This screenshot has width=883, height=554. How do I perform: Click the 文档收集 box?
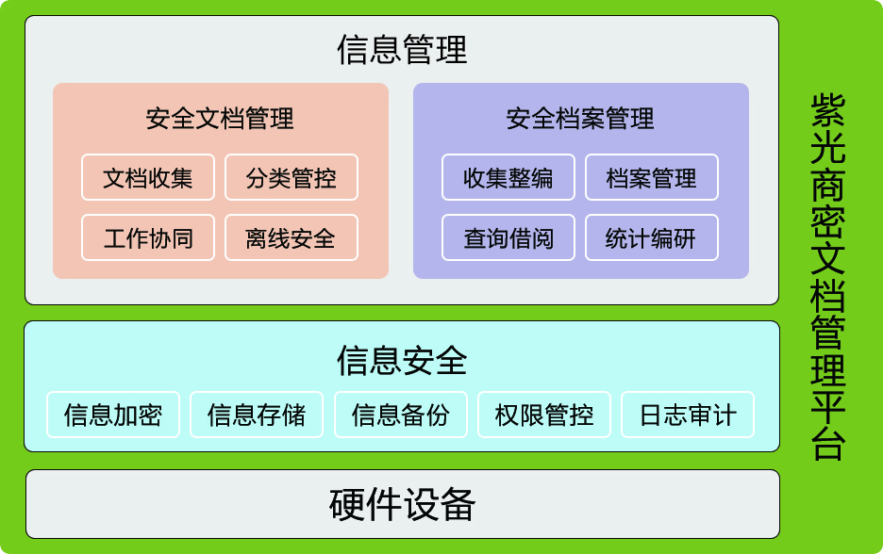[x=148, y=177]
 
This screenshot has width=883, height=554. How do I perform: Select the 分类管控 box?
[x=292, y=177]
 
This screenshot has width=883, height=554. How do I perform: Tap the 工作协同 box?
[x=148, y=237]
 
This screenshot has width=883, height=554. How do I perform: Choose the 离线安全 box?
[x=292, y=237]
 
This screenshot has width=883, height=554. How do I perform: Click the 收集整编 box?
[x=508, y=177]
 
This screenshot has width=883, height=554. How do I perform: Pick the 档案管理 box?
[x=652, y=177]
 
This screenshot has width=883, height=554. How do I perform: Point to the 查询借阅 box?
[x=508, y=237]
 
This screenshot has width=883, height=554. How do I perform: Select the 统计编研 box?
[x=652, y=237]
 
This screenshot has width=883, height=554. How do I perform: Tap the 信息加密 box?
[x=113, y=415]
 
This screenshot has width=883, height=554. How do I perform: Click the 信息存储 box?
[x=257, y=415]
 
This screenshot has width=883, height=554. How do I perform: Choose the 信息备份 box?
[x=401, y=415]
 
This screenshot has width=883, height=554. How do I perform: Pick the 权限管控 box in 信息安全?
[x=544, y=415]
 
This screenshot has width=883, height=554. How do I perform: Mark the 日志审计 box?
[x=688, y=415]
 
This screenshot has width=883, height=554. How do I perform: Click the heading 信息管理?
[x=402, y=50]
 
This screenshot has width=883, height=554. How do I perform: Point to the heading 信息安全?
[x=402, y=360]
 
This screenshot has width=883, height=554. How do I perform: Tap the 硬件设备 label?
[x=402, y=504]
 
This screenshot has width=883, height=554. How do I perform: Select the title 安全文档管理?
[x=220, y=119]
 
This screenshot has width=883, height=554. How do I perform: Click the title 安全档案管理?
[x=580, y=119]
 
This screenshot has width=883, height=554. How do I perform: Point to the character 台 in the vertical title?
[x=828, y=445]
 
